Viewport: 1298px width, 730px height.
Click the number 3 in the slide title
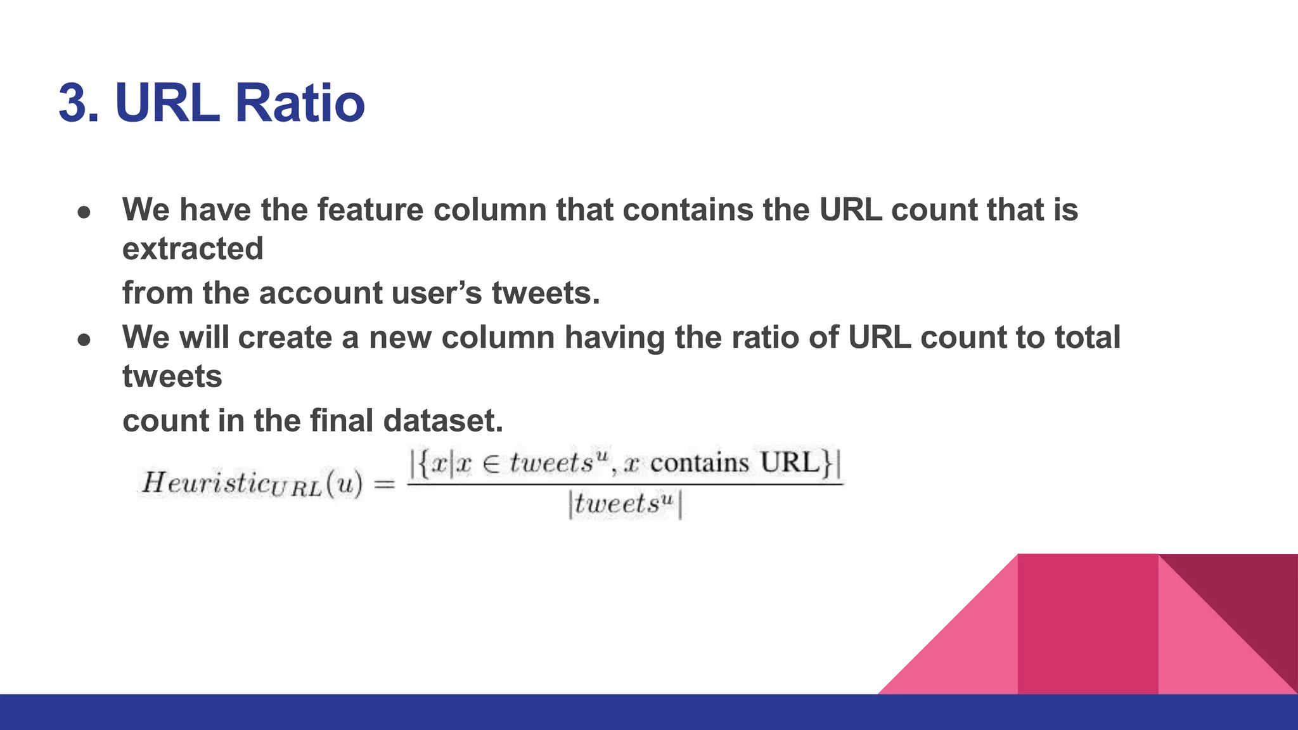tap(73, 103)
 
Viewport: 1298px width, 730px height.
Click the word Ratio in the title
tap(300, 103)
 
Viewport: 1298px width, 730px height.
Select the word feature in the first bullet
tap(370, 210)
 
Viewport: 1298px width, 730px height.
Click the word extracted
tap(193, 248)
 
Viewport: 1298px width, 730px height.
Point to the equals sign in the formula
tap(384, 485)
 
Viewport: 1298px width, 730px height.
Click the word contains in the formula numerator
tap(699, 463)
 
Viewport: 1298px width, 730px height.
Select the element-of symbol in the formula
tap(491, 464)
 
